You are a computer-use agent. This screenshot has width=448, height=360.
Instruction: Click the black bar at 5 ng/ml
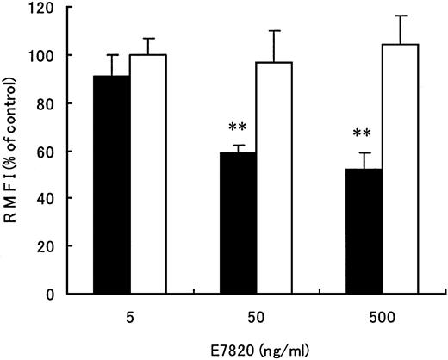(111, 184)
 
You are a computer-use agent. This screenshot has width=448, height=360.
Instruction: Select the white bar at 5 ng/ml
(147, 173)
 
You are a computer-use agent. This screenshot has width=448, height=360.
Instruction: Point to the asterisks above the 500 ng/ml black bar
(362, 135)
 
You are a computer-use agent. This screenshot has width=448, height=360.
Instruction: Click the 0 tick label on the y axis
(65, 294)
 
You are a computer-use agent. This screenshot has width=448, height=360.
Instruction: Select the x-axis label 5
(129, 313)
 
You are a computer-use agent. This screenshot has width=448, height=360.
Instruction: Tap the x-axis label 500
(381, 313)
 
